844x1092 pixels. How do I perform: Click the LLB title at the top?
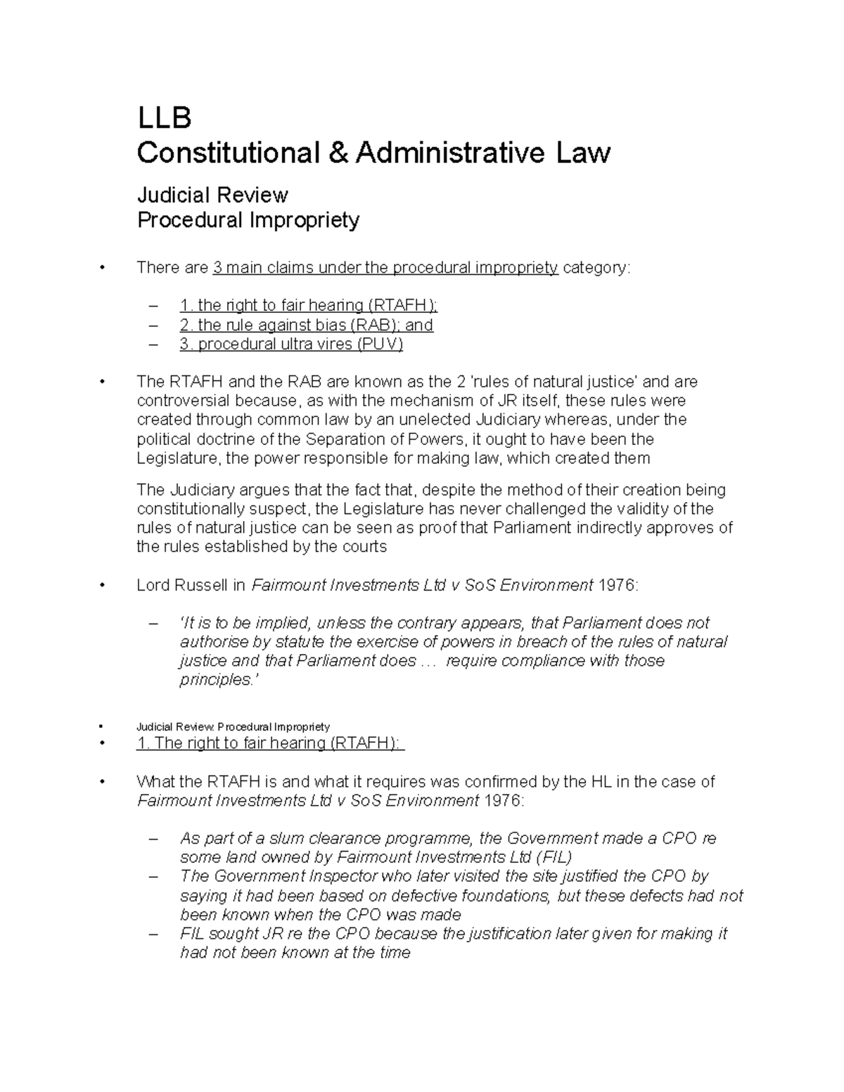coord(163,118)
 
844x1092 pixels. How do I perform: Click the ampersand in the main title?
coord(340,153)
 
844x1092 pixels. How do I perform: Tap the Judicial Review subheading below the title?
coord(212,194)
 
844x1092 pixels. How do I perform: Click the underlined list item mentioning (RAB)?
coord(306,325)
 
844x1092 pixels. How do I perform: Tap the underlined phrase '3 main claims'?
coord(262,268)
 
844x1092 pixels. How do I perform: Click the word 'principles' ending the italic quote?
coord(215,680)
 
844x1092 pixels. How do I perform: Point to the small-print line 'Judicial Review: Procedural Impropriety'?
coord(233,726)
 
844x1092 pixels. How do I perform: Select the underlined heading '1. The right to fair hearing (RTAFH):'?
coord(270,743)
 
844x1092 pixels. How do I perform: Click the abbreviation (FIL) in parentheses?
coord(554,857)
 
